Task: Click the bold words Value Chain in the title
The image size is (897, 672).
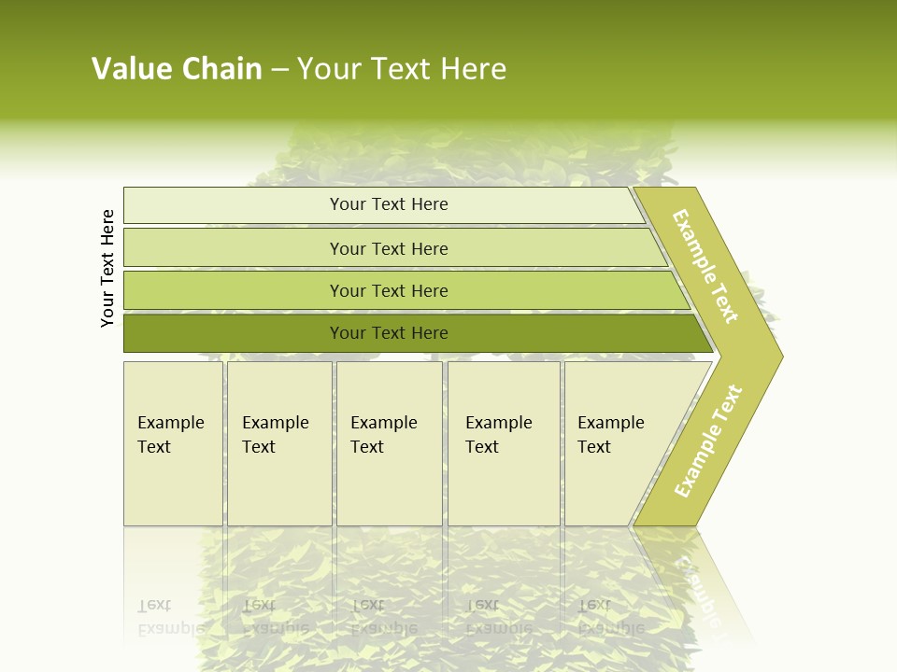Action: tap(177, 69)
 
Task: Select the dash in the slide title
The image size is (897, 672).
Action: tap(279, 70)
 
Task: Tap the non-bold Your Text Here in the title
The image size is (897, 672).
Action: tap(402, 69)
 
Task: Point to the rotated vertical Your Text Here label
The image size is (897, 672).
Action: tap(107, 268)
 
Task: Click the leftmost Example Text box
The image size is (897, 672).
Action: tap(173, 443)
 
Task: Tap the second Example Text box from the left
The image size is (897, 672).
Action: tap(278, 443)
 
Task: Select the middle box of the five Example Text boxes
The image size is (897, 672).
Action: tap(389, 443)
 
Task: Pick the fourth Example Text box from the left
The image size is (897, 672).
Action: tap(504, 443)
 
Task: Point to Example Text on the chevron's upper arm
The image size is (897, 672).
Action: tap(705, 266)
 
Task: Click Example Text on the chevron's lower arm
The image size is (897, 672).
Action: tap(708, 441)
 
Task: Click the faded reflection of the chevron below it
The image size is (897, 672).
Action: tap(710, 588)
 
